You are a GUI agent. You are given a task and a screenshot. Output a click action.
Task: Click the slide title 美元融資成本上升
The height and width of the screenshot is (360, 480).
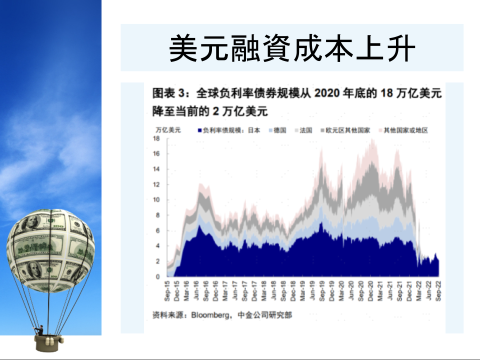tap(291, 48)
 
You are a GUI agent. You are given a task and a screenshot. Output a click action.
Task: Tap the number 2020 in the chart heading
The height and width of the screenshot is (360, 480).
tap(326, 93)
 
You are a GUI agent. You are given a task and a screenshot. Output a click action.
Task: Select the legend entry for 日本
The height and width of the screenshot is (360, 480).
tap(229, 130)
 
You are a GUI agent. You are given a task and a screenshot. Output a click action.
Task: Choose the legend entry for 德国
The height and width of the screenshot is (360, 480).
tap(277, 130)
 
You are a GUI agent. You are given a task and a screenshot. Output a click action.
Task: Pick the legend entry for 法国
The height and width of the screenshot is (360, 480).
tap(303, 130)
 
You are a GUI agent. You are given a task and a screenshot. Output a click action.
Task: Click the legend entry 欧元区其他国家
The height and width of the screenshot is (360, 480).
tap(345, 130)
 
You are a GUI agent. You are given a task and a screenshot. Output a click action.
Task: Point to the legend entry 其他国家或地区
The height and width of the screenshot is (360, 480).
tap(403, 130)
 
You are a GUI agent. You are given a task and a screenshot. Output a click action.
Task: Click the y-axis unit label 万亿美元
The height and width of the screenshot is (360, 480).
tap(168, 130)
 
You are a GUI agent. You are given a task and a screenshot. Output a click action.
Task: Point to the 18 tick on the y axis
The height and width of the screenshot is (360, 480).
tap(156, 138)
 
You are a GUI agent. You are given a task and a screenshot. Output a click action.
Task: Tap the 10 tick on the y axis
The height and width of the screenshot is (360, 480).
tap(156, 200)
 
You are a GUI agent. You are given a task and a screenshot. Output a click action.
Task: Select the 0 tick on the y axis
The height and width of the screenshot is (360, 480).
tap(157, 276)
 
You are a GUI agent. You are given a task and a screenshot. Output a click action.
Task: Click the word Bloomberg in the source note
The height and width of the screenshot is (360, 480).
tap(209, 315)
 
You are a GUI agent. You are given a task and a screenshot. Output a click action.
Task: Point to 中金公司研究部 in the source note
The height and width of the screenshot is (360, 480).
tap(265, 314)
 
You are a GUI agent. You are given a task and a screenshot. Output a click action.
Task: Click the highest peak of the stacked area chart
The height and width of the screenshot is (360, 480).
tap(372, 139)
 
